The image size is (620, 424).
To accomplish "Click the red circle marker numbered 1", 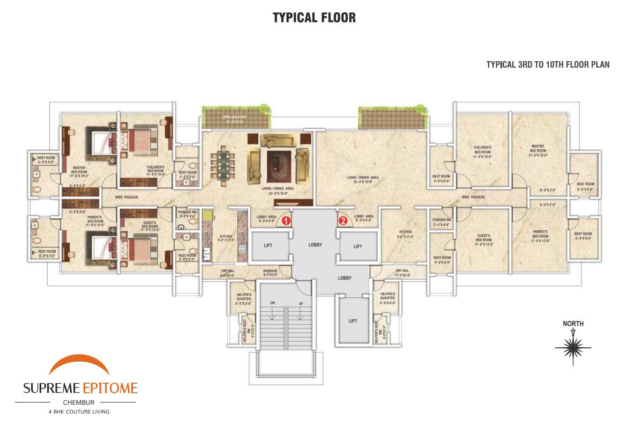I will pos(286,220).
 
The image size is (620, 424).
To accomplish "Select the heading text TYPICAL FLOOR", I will pos(314,18).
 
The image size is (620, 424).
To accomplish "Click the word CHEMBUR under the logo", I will pos(79,402).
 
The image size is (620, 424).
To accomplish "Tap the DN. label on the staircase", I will pos(273,303).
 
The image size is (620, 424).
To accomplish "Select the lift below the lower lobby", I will pos(353,321).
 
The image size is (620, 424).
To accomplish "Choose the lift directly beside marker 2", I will pos(358,246).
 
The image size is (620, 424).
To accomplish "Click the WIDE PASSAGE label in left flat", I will pos(126,197).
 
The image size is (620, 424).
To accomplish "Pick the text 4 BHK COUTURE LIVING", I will pos(79,412).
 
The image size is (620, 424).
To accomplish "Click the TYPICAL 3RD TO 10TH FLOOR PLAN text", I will pos(548,65).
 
